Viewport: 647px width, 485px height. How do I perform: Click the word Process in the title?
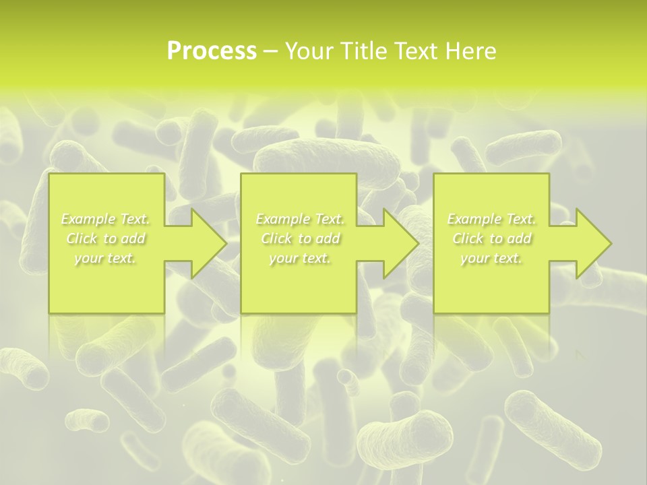click(212, 51)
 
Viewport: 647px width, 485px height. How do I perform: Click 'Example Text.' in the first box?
click(105, 219)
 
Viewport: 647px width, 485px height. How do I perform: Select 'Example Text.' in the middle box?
click(300, 219)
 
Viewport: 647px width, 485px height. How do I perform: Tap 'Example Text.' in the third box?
click(491, 219)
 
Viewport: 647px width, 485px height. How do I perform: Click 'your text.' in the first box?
click(105, 258)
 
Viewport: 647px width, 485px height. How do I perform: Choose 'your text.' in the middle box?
click(300, 258)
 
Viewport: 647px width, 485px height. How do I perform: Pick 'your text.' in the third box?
click(491, 258)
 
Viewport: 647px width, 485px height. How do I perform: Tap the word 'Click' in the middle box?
click(276, 238)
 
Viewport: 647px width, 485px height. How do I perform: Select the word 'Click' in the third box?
click(468, 238)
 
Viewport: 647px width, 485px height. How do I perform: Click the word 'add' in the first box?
click(133, 238)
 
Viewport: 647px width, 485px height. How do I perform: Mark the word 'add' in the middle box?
click(328, 238)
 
